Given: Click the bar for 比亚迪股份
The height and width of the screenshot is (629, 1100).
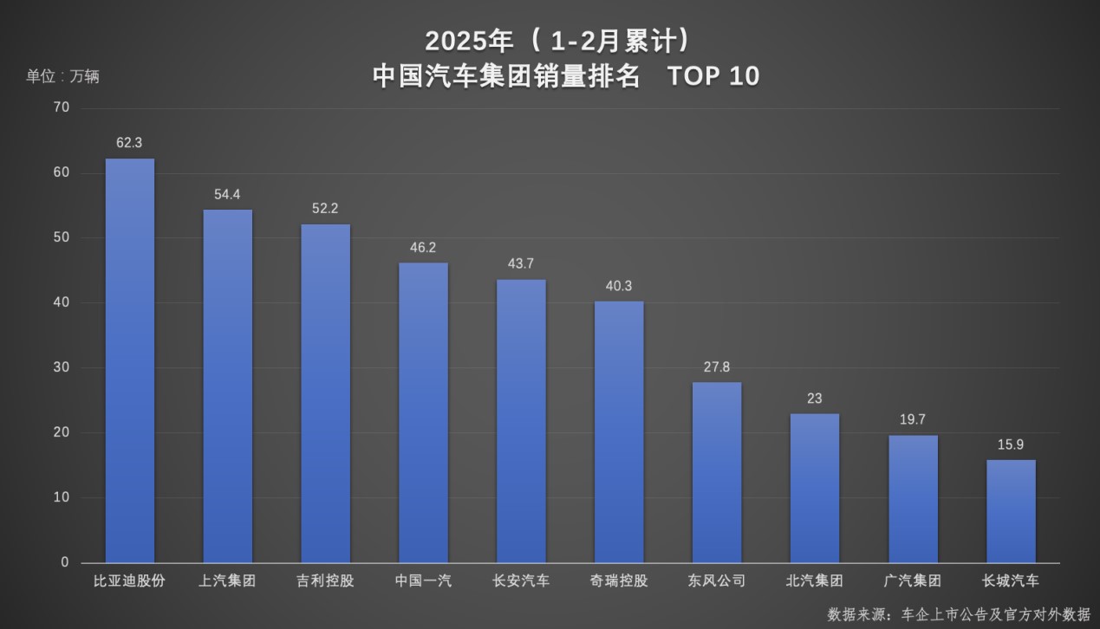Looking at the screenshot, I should pos(130,360).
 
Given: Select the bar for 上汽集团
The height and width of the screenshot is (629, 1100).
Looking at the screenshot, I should pos(227,386).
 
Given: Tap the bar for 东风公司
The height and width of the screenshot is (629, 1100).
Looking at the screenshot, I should pos(717,472).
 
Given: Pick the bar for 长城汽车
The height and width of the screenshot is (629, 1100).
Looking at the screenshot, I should pos(1011,511).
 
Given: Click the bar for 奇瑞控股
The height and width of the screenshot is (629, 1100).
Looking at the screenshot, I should pos(619,431).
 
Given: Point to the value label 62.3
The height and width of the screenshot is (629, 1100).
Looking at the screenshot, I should pos(129,143).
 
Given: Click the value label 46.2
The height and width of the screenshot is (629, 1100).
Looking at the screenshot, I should pos(423,248).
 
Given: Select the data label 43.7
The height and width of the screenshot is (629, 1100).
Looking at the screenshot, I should pos(521,263).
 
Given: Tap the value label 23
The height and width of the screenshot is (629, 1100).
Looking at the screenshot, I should pos(815,399).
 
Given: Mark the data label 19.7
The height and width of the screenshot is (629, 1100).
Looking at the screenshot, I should pos(913,419).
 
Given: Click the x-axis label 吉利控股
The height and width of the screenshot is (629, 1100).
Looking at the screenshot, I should pos(325,580).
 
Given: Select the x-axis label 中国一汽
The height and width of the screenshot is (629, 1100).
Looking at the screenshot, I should pos(423,580).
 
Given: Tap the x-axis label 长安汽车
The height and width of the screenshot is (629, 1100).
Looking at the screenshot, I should pos(521,580).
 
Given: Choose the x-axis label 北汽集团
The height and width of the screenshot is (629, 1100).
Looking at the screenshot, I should pos(815,580).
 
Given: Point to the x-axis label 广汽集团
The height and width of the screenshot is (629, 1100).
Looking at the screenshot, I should pos(913,580).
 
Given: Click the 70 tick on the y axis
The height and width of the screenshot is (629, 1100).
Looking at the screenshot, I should pos(61,107).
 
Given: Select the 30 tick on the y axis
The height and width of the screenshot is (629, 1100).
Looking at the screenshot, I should pos(61,367).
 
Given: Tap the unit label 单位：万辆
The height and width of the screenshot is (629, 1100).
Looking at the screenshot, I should pos(62,76).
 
